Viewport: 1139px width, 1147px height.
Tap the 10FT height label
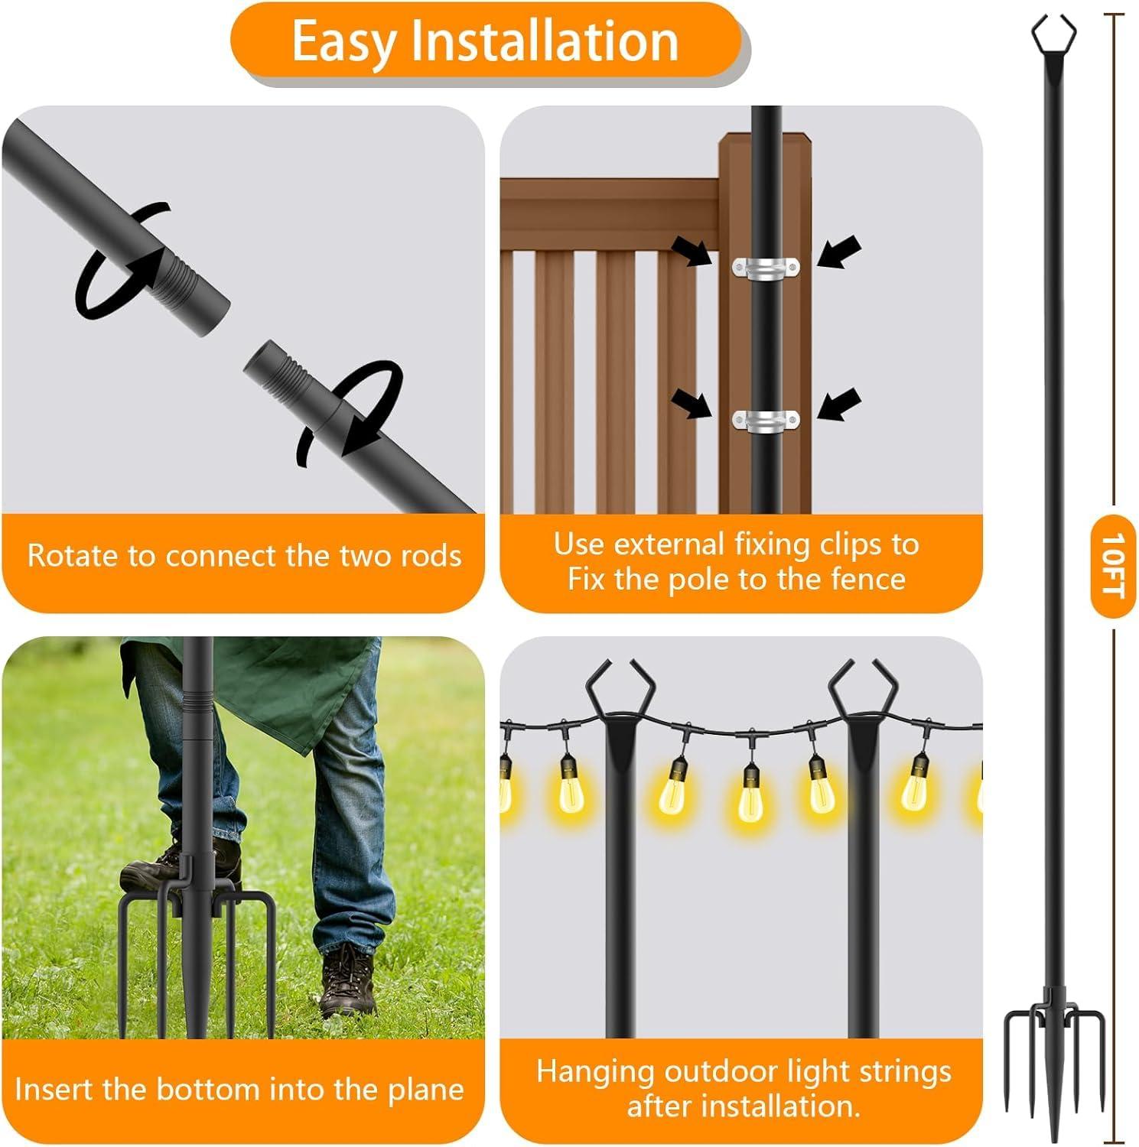click(x=1112, y=566)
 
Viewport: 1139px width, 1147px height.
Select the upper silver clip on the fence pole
click(x=765, y=268)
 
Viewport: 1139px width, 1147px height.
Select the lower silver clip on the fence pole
click(x=765, y=421)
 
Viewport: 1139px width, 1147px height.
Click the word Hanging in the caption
click(x=594, y=1072)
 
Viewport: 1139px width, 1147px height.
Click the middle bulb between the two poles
click(x=750, y=795)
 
